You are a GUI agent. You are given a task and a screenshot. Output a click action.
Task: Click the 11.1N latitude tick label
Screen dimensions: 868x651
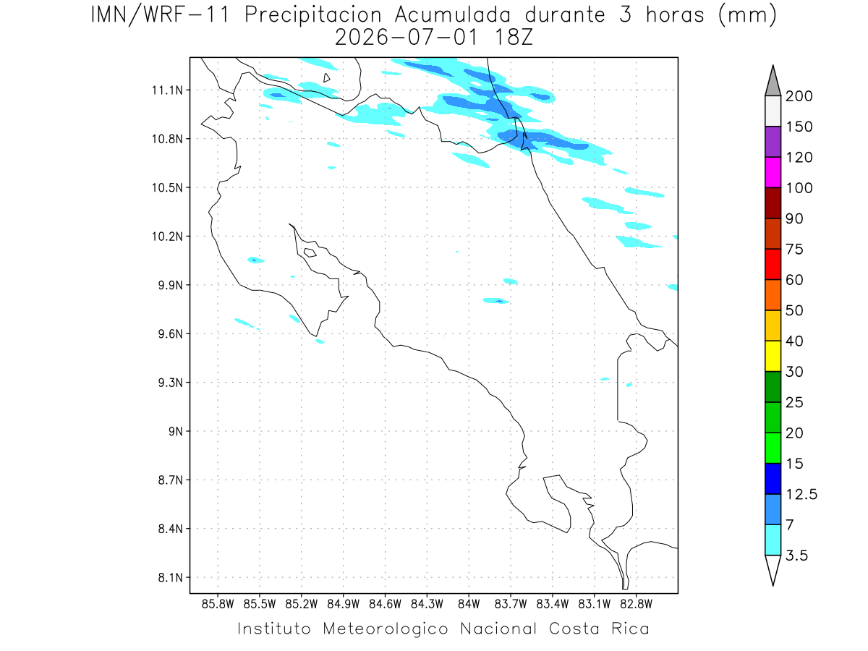(x=167, y=90)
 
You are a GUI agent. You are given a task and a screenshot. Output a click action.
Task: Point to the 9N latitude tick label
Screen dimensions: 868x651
(x=176, y=431)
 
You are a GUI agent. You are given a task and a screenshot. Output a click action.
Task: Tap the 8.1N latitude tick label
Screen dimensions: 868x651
(x=171, y=577)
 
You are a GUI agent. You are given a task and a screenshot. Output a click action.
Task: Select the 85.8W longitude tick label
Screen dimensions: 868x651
(x=218, y=605)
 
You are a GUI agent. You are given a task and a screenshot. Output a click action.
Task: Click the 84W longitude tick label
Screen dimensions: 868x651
(x=469, y=605)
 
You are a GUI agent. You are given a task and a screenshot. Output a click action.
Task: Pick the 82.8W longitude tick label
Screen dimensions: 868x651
(x=636, y=605)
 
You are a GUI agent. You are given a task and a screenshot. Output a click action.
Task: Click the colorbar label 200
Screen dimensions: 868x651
(x=799, y=96)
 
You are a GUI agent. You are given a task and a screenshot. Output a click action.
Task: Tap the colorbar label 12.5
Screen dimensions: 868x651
(x=801, y=494)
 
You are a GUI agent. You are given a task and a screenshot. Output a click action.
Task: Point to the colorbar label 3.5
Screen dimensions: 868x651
(x=796, y=556)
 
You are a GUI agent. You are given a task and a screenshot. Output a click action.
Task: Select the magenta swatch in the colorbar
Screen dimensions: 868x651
(x=773, y=172)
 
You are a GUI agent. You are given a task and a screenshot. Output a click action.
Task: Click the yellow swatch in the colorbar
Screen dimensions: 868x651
(x=773, y=356)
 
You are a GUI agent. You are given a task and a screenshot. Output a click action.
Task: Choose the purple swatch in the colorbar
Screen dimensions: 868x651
(x=773, y=142)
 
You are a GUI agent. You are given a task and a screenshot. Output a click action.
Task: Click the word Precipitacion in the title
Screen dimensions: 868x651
(x=313, y=15)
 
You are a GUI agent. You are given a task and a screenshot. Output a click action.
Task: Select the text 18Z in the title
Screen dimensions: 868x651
(x=514, y=38)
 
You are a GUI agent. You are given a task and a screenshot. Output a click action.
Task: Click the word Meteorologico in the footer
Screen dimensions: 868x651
(x=385, y=629)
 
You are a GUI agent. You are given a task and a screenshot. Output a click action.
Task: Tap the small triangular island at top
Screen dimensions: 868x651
(x=326, y=78)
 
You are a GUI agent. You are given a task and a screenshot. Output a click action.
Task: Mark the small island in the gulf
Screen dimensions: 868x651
(x=310, y=252)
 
